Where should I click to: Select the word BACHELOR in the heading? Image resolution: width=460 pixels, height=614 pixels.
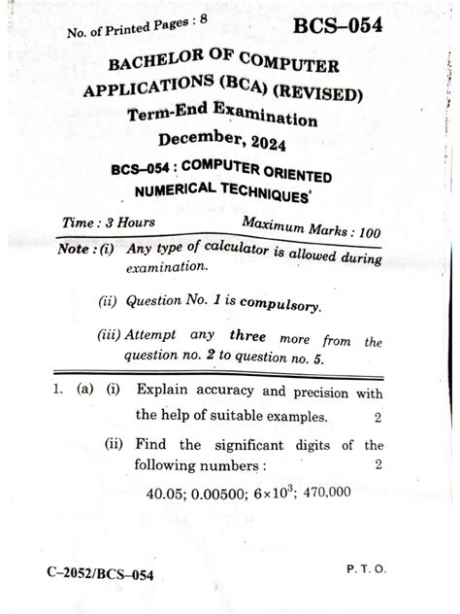click(x=162, y=71)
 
